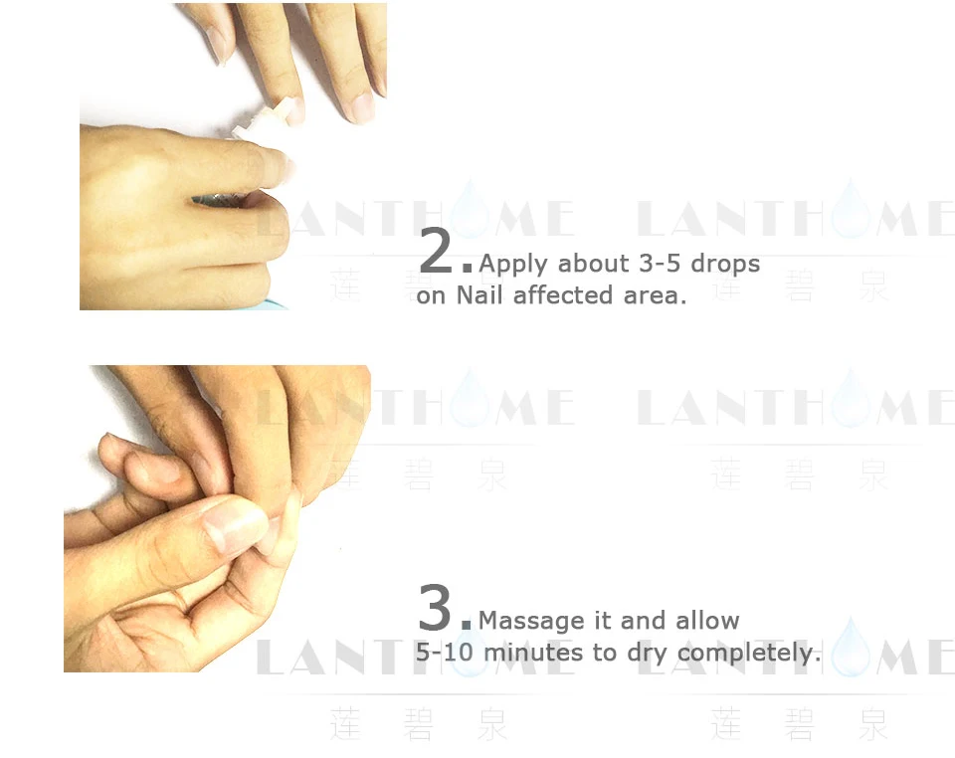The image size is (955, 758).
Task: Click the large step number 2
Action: [437, 253]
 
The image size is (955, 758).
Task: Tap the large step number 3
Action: [436, 609]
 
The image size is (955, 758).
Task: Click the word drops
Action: [725, 264]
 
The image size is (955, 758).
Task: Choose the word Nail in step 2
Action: [480, 295]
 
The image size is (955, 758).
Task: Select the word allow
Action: [708, 621]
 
